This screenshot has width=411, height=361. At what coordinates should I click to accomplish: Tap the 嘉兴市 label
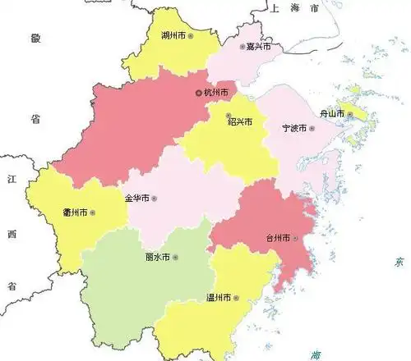point(261,47)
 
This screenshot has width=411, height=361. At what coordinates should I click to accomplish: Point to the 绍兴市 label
point(239,121)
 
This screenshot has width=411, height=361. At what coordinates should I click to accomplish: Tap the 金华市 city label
point(136,198)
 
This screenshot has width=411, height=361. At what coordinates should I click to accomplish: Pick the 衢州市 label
point(75,212)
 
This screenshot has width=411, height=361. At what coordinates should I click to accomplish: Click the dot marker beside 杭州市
point(198,93)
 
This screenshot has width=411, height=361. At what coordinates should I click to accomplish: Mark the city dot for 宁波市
point(312,129)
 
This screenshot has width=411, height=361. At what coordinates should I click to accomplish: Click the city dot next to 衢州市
point(93,212)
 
